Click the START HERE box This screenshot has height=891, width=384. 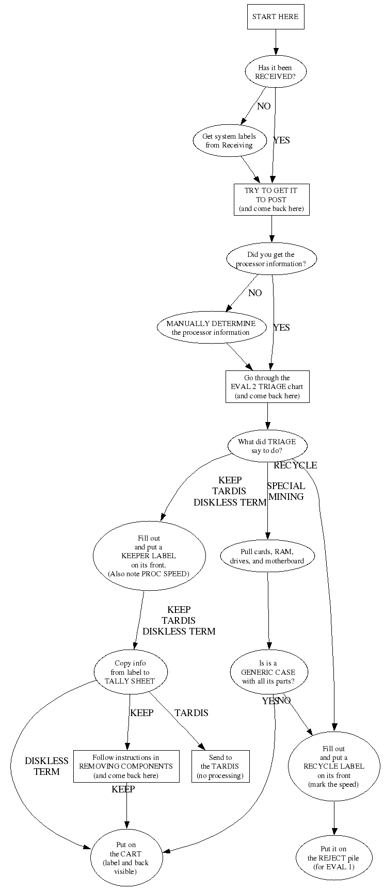275,17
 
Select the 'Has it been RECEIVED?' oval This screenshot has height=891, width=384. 275,72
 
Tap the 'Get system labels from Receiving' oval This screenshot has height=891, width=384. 229,140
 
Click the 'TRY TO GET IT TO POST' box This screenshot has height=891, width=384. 271,199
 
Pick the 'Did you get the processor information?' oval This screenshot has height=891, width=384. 271,259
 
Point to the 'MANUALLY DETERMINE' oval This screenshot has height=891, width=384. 211,328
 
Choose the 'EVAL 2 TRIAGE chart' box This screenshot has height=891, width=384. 267,386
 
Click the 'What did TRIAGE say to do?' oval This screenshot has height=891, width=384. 267,446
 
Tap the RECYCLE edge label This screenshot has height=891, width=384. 295,465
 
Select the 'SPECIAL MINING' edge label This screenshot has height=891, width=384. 286,491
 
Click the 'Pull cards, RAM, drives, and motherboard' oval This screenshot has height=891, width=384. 267,556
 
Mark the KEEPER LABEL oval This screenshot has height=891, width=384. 149,556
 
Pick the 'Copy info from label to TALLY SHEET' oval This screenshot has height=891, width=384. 131,672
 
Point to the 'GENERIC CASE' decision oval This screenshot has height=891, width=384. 268,672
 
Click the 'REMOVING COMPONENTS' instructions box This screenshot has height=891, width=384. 126,766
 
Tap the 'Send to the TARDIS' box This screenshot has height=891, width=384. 220,766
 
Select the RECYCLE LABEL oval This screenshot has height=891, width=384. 333,766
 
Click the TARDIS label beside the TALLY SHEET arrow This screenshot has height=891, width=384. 191,713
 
